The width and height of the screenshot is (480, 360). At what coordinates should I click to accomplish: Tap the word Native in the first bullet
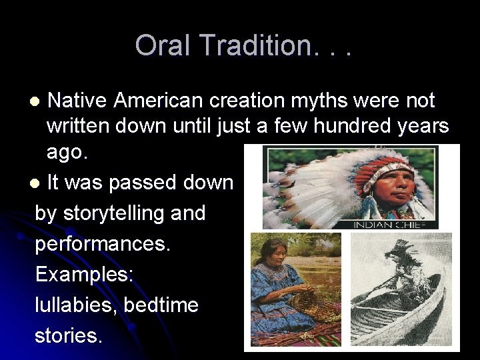pos(77,101)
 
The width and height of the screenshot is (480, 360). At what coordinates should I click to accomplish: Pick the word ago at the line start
pos(65,151)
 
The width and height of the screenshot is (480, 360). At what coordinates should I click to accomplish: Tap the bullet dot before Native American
pos(37,102)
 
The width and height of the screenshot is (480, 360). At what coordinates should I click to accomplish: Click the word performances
pos(103,244)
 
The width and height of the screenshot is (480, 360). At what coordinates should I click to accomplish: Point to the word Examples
pos(84,275)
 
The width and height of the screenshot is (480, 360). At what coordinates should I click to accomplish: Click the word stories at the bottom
pos(69,336)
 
